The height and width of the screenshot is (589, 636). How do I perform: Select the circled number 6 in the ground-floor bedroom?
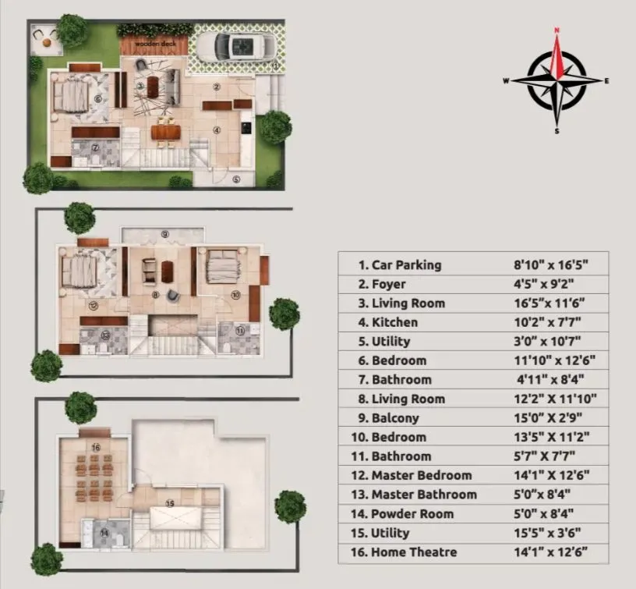click(x=97, y=99)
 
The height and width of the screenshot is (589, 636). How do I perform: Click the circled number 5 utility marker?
click(x=236, y=179)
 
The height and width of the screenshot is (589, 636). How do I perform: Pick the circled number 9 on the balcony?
click(x=165, y=233)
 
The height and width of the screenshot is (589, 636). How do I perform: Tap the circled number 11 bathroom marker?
click(x=239, y=331)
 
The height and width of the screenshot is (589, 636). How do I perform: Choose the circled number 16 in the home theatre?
click(x=95, y=448)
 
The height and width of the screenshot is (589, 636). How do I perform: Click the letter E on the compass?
click(x=606, y=81)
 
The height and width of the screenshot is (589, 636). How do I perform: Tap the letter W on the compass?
click(x=507, y=81)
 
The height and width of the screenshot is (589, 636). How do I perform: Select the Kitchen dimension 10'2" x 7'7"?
click(x=543, y=322)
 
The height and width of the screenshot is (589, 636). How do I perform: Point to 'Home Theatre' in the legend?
click(x=414, y=552)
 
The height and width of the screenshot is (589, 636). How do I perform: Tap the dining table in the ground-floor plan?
click(x=165, y=133)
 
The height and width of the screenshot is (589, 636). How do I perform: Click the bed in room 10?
click(x=224, y=268)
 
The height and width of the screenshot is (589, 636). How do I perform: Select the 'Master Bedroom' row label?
click(x=421, y=475)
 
